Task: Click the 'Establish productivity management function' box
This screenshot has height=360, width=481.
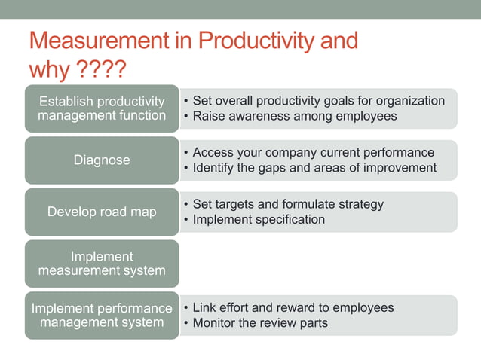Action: click(102, 108)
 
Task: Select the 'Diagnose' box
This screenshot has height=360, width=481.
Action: click(102, 160)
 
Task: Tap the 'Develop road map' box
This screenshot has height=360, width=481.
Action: click(102, 212)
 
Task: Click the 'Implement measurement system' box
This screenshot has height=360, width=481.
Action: click(102, 264)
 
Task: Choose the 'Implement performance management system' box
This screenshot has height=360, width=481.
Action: click(102, 316)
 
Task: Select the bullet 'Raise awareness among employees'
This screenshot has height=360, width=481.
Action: click(294, 116)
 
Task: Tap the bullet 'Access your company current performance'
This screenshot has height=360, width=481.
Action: click(313, 153)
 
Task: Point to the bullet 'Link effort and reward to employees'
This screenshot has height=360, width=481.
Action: click(293, 307)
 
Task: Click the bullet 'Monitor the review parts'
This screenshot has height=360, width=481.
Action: click(260, 323)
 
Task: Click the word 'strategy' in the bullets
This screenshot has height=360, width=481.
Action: click(360, 204)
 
